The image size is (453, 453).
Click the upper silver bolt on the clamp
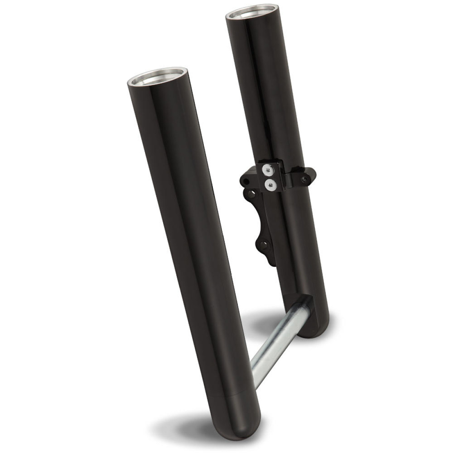click(268, 171)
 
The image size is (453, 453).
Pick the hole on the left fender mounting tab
click(247, 182)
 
